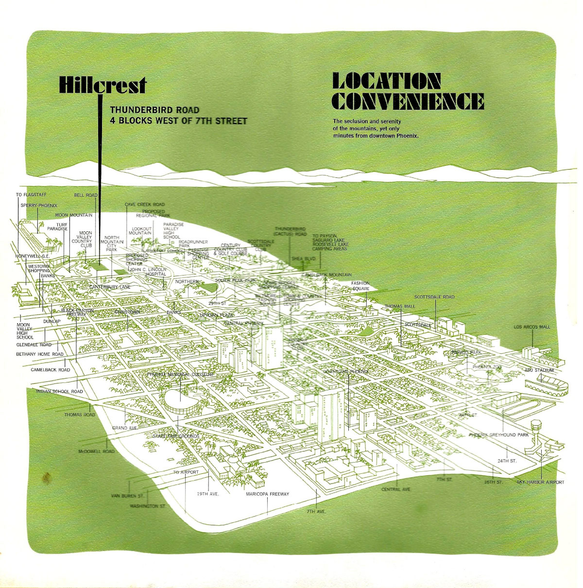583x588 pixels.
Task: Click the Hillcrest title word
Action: click(x=102, y=85)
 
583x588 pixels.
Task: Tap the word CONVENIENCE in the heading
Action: click(x=408, y=101)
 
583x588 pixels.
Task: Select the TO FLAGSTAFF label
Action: click(x=31, y=195)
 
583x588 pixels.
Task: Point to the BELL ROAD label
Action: click(x=86, y=195)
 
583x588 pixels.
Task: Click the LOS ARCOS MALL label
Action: click(x=532, y=327)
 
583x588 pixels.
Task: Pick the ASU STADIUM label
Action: click(x=539, y=370)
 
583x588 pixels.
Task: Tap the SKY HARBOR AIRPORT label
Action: click(x=540, y=483)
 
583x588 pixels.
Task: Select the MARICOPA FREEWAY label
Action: click(x=267, y=494)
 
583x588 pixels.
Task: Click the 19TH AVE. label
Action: click(x=208, y=494)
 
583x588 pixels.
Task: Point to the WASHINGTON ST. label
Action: click(x=147, y=506)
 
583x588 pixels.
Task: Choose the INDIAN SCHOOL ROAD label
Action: click(x=59, y=392)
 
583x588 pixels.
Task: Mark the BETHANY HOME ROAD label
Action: click(x=40, y=354)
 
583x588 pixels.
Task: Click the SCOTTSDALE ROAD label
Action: click(x=434, y=297)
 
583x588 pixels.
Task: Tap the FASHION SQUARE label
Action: click(x=360, y=286)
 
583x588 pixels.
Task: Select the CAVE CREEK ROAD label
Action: click(x=145, y=205)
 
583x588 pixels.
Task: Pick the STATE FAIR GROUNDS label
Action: click(x=176, y=436)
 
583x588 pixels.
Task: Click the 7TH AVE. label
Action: click(x=316, y=512)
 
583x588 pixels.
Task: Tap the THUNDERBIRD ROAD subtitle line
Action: click(x=154, y=110)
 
